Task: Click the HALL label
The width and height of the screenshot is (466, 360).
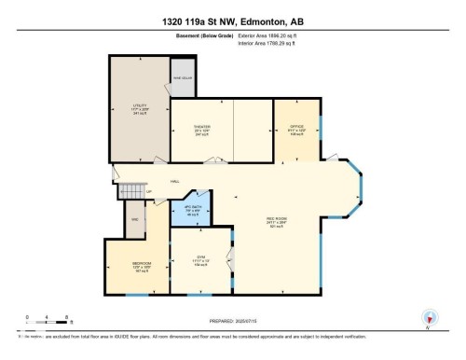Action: pos(174,181)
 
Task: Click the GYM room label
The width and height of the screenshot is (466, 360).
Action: pos(200,260)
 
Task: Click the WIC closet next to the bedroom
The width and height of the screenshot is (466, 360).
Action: pos(134,220)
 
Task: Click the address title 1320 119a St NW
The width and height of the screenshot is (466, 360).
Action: pos(232,20)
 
